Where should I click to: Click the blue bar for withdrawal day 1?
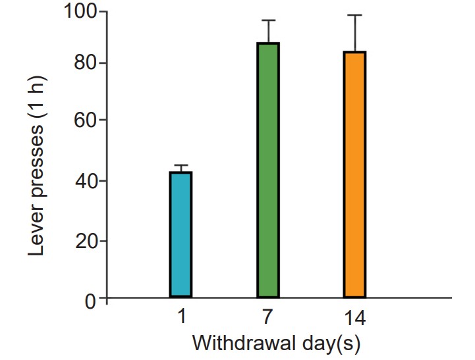point(181,234)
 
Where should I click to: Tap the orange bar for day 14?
point(354,174)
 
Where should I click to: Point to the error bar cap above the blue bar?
point(181,165)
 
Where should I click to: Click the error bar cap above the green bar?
point(268,20)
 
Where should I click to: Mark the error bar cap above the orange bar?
point(354,14)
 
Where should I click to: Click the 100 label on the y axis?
point(81,12)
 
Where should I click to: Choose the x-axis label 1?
point(181,319)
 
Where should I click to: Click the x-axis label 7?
point(268,319)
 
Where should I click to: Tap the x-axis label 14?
point(354,319)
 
